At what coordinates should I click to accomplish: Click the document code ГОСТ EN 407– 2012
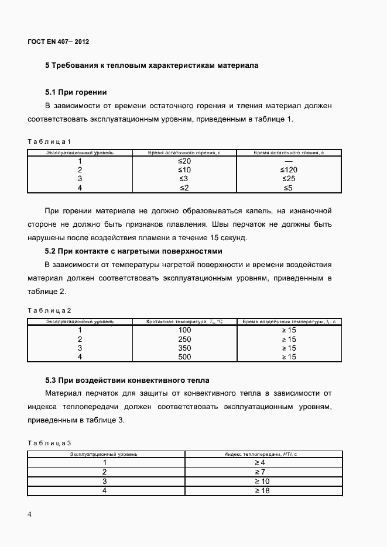click(x=58, y=41)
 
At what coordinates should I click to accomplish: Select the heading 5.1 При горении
click(x=76, y=92)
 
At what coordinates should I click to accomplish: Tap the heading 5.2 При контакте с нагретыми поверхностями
click(x=133, y=251)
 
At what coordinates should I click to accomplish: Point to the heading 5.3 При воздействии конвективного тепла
click(x=127, y=380)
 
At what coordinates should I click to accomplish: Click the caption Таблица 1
click(x=49, y=141)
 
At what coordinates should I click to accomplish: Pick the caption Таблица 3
click(x=49, y=444)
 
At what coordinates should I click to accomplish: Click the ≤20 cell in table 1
click(x=184, y=161)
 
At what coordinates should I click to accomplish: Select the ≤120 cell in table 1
click(x=289, y=170)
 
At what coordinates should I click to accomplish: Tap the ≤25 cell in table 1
click(x=289, y=179)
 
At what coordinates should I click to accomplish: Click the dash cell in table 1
click(x=289, y=161)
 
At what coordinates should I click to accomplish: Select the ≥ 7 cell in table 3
click(x=261, y=472)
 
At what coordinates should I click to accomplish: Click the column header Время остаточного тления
click(x=289, y=153)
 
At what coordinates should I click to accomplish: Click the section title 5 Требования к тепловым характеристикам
click(x=152, y=65)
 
